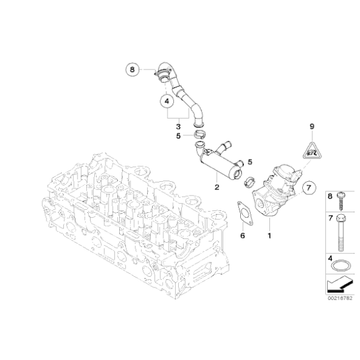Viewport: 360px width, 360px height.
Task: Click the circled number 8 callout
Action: [x=132, y=70]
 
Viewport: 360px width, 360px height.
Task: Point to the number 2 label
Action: [x=215, y=186]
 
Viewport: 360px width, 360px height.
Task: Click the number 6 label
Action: [x=243, y=235]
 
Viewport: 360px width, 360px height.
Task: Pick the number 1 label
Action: [x=269, y=236]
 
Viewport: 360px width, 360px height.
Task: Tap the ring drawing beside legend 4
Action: [x=340, y=268]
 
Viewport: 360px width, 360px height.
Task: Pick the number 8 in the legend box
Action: [x=330, y=197]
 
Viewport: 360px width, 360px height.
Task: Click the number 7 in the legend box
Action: [x=330, y=219]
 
